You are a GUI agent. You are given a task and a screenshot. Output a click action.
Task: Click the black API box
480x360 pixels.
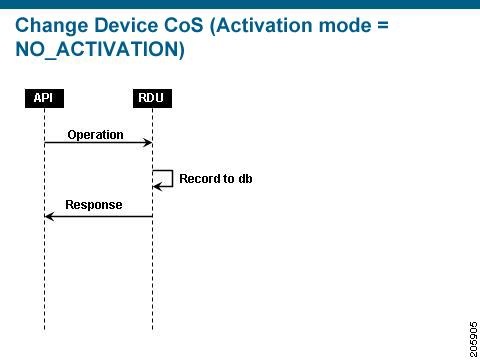pyautogui.click(x=44, y=97)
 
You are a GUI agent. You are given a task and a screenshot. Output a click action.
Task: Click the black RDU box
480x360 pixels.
pyautogui.click(x=152, y=97)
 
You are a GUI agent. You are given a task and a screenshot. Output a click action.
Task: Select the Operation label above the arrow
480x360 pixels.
pyautogui.click(x=96, y=134)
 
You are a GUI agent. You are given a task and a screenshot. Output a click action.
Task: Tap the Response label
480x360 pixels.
pyautogui.click(x=94, y=205)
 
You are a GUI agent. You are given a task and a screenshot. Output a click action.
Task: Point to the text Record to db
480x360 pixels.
pyautogui.click(x=208, y=179)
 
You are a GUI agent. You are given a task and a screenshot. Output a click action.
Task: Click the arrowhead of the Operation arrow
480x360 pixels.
pyautogui.click(x=148, y=143)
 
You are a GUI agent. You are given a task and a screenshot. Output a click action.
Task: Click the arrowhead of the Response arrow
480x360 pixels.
pyautogui.click(x=49, y=216)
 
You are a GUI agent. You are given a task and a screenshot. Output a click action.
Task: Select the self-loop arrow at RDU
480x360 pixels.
pyautogui.click(x=164, y=178)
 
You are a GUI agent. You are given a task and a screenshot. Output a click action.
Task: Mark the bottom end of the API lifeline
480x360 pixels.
pyautogui.click(x=44, y=329)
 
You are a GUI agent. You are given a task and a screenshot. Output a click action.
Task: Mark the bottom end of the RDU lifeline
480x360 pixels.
pyautogui.click(x=152, y=329)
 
